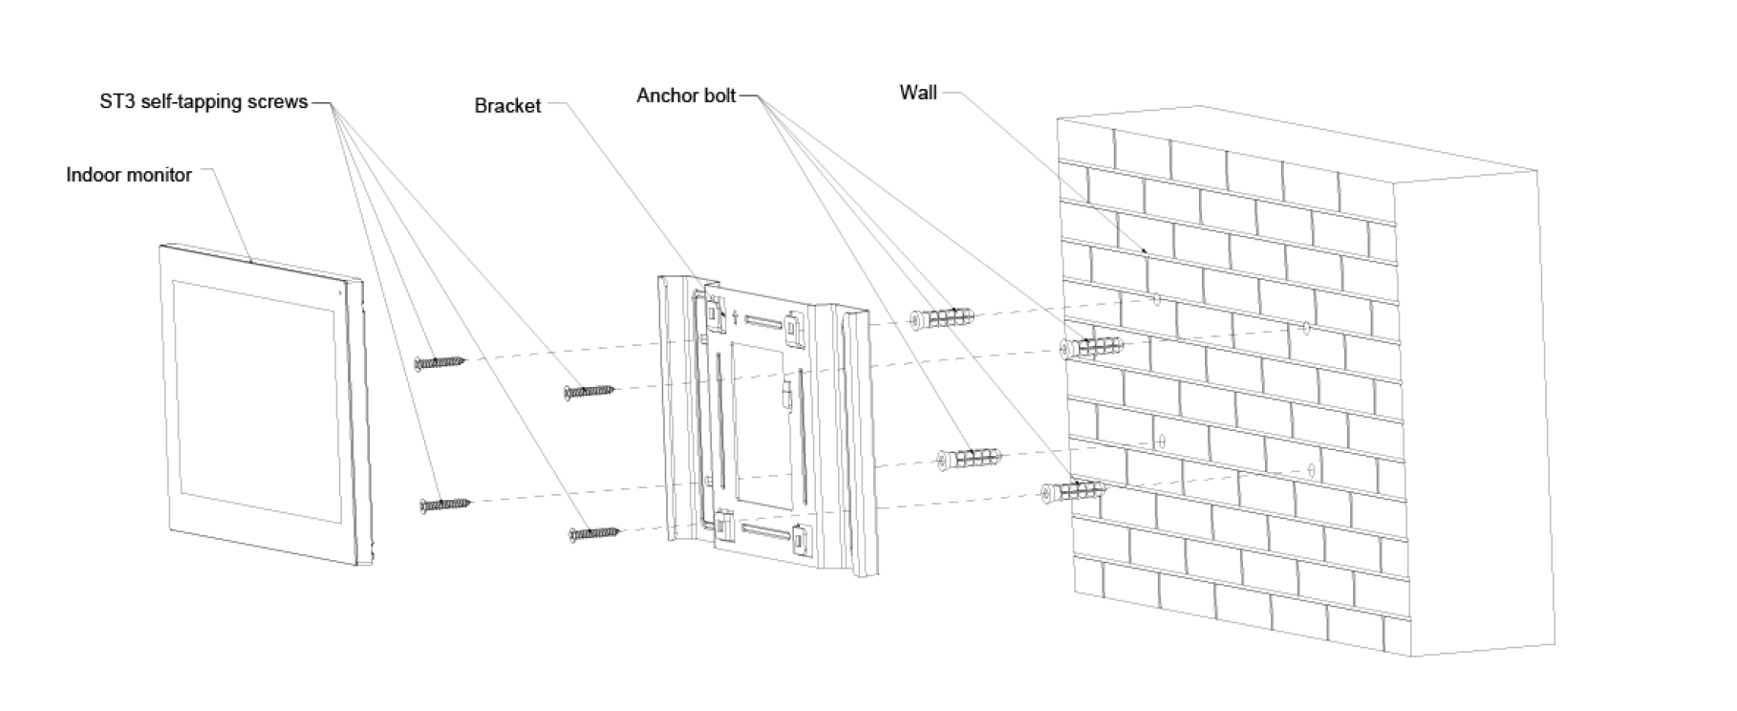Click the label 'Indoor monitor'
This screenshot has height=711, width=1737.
129,175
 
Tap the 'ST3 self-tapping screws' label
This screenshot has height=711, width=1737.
204,101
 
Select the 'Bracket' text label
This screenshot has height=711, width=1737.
507,106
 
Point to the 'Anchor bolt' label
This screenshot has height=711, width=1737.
686,96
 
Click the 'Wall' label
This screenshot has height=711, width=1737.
918,93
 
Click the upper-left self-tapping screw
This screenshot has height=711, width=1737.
440,362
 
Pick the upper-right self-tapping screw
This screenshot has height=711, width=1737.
590,390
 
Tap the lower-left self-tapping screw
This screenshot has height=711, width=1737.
444,504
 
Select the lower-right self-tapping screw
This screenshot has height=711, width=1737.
593,533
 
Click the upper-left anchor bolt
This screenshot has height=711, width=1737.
941,319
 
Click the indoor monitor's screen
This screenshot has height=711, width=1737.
256,400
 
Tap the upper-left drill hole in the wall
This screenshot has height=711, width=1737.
1156,300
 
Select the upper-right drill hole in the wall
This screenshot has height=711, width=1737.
1305,329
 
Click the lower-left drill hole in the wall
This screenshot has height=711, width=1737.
1161,442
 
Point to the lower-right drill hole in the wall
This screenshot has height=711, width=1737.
1310,471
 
